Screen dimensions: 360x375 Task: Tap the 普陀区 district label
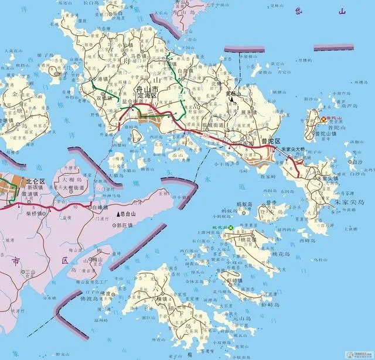(271, 141)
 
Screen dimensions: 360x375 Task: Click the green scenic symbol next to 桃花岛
(231, 227)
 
